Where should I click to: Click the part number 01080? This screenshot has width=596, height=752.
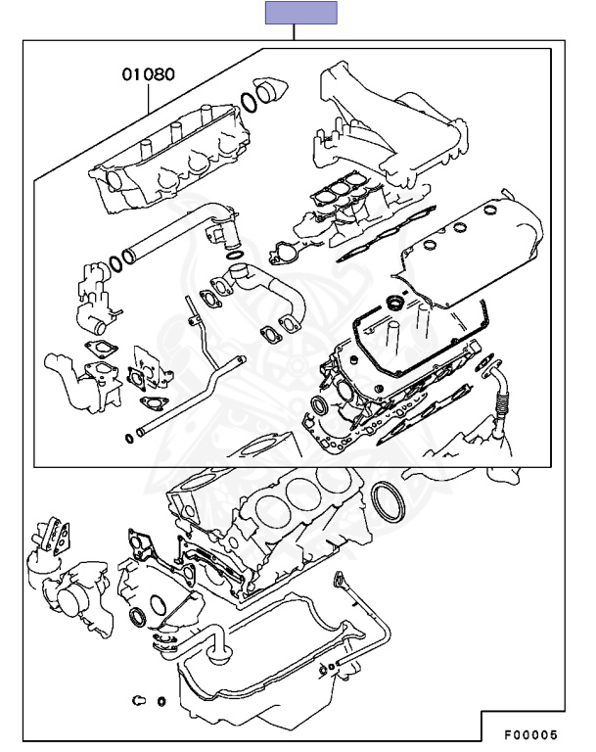click(148, 74)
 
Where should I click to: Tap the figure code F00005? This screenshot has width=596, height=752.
click(530, 734)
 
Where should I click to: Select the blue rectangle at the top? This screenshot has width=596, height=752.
click(301, 13)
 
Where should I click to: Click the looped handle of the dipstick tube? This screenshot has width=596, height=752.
click(339, 578)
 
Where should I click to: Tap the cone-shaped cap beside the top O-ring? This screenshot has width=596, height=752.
click(271, 90)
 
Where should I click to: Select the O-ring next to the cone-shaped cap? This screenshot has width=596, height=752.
click(249, 102)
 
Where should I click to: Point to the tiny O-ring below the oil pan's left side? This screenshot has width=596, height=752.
click(161, 702)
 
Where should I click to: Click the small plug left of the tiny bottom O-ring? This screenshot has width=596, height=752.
click(138, 701)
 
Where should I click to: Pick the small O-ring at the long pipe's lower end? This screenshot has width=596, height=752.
click(129, 438)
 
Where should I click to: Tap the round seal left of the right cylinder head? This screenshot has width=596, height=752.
click(320, 405)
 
